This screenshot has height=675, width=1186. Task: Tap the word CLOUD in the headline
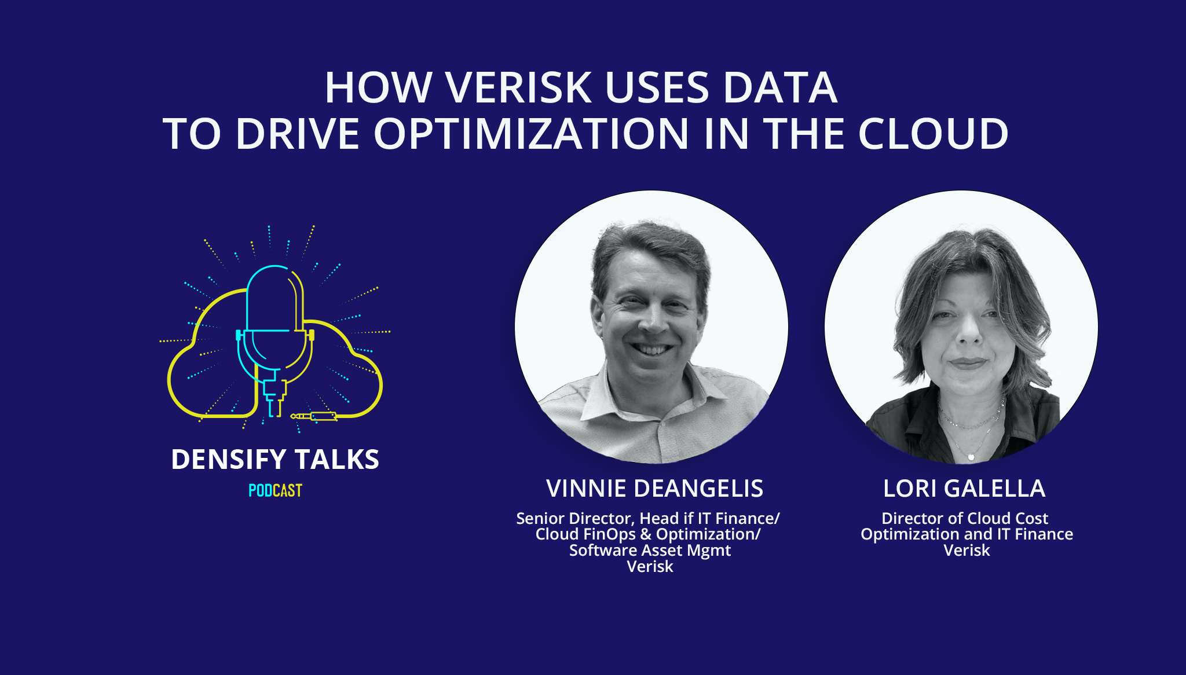933,134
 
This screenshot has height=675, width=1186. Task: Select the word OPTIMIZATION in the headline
531,134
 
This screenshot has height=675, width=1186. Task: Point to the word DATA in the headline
779,88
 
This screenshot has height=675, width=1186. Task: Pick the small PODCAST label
275,490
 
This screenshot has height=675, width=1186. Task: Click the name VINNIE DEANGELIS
654,489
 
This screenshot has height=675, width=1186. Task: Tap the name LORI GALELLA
964,489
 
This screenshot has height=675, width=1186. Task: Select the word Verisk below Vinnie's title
650,566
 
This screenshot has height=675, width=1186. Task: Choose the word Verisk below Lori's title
967,550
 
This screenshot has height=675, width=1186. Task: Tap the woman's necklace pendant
971,457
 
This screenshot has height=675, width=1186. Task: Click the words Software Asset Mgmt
650,550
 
